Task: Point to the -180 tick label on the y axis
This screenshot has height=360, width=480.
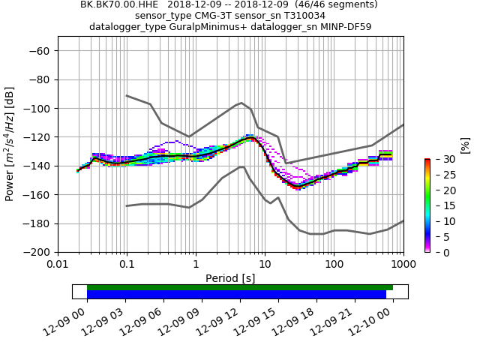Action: (36, 223)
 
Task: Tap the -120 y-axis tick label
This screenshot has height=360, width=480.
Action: (36, 137)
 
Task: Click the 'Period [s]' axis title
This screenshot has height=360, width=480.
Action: (230, 278)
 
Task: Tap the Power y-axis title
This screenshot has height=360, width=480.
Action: (10, 144)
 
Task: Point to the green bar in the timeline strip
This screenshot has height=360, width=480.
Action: (240, 287)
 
